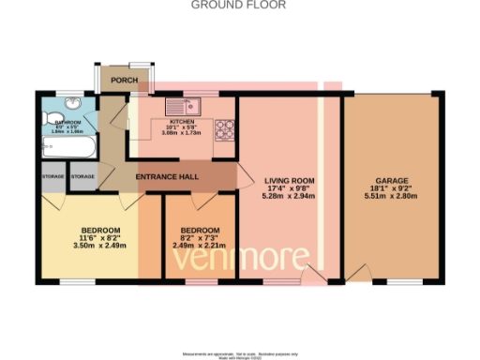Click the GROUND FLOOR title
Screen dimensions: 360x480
239,5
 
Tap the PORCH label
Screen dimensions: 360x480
124,81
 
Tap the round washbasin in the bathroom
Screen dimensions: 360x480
82,105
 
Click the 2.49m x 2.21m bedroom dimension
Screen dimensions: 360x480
201,246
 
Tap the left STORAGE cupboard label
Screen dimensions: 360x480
52,177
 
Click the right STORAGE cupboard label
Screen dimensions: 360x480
83,177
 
